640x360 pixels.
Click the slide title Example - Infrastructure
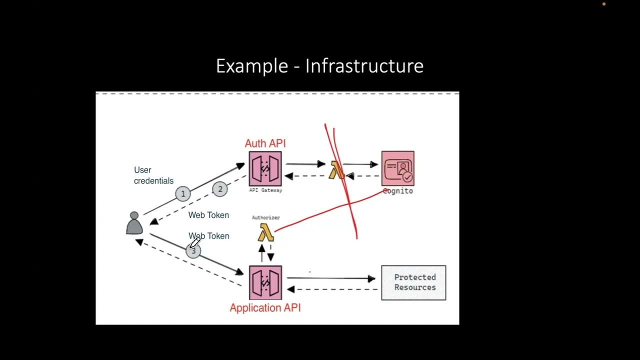coord(319,66)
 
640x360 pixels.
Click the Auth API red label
coord(265,143)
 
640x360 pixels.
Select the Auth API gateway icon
coord(265,168)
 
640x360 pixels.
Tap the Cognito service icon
coord(397,168)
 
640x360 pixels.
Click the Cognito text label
coord(398,191)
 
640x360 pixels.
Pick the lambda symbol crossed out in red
coord(336,170)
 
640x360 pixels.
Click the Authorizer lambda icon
coord(265,232)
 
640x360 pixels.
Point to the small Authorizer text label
coord(265,217)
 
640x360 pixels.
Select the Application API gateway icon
coord(265,282)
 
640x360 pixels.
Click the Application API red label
coord(265,308)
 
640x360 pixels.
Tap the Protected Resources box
coord(413,282)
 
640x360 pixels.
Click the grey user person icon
coord(134,223)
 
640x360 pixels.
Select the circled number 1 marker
coord(183,193)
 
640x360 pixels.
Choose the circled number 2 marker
coord(220,189)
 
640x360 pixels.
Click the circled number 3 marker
coord(193,251)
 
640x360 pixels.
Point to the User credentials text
coord(153,175)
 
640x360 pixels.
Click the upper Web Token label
coord(208,215)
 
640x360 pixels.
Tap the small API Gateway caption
coord(265,190)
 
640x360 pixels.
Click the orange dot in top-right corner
coord(604,4)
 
